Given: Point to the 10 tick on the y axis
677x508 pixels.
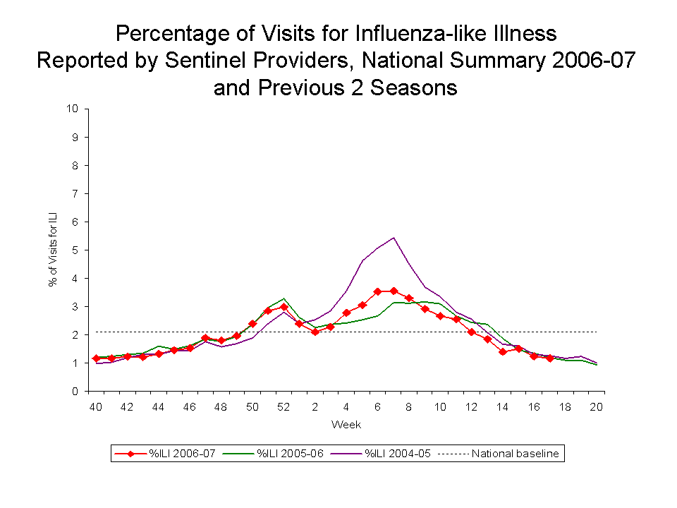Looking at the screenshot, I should pos(72,109).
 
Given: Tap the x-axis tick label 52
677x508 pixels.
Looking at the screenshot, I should pos(283,407).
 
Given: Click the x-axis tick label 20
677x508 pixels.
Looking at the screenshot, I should pos(596,407).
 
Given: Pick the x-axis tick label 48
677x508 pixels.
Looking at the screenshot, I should pos(221,407).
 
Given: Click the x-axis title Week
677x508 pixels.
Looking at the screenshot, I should pos(346,425).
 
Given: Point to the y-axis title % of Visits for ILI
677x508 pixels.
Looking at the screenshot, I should pos(52,250).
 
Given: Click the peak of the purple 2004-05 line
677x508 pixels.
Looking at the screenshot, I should pos(393,238).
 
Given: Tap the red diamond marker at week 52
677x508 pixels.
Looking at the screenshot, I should pos(283,308).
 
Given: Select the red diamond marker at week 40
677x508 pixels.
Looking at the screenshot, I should pos(96,358).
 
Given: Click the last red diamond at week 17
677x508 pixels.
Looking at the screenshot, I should pos(549,358).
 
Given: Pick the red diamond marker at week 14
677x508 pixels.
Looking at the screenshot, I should pos(502,351).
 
